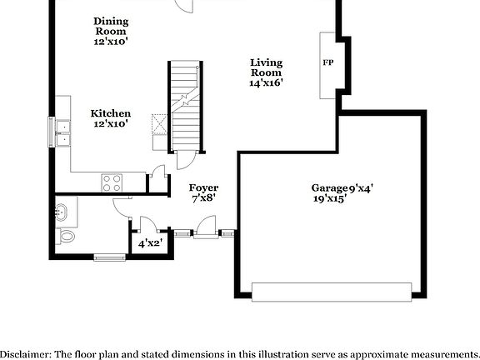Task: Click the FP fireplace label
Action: [327, 62]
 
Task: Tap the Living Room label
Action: [267, 67]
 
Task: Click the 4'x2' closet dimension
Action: [149, 243]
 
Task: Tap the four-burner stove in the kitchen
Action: [111, 182]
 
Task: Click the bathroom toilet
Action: [64, 237]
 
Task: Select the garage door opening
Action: [331, 291]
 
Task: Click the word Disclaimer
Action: [25, 353]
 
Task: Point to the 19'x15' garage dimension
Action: [330, 199]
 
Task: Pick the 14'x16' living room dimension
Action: [267, 82]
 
